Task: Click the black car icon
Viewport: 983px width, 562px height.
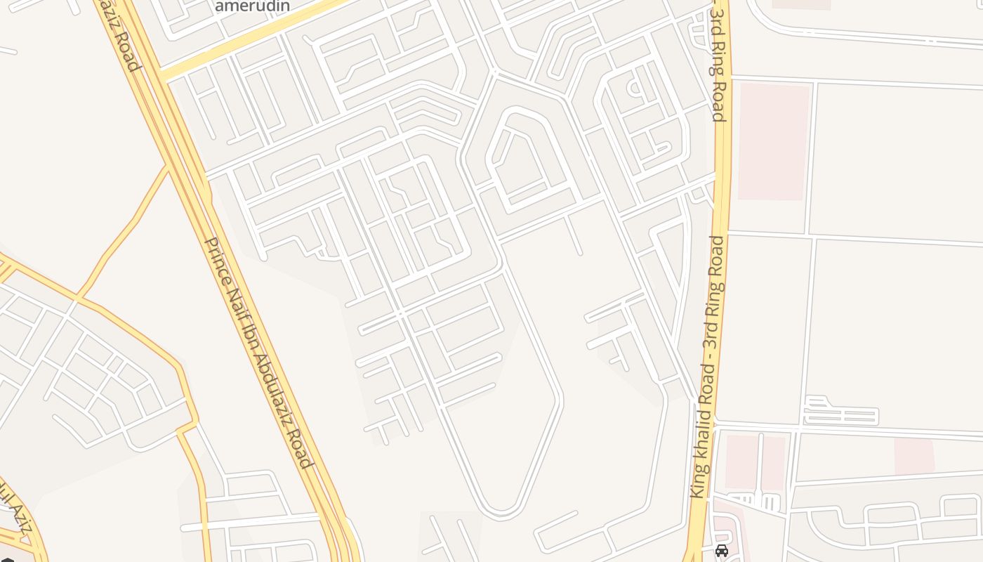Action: tap(722, 551)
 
